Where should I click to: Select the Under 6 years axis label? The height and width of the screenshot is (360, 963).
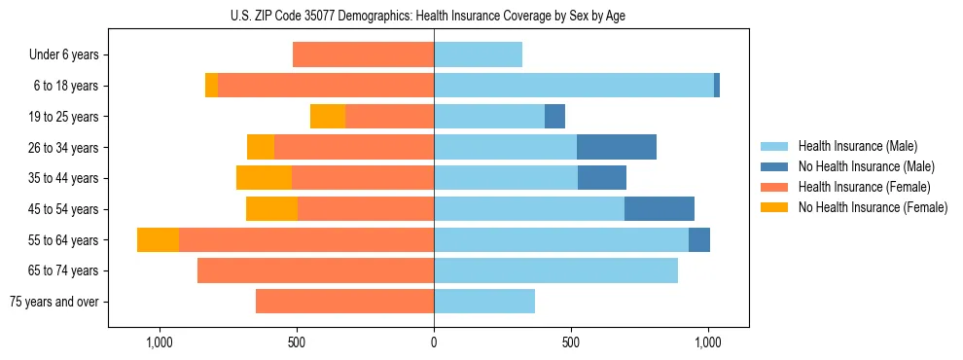pos(64,55)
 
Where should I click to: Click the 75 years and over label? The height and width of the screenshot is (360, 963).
pos(53,302)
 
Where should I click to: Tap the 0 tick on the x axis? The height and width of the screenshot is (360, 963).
pos(434,342)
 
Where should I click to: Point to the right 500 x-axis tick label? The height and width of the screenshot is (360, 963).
pos(571,342)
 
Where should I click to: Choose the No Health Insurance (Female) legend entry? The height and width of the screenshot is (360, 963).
pos(873,207)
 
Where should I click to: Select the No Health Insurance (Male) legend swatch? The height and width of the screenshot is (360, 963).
pos(775,166)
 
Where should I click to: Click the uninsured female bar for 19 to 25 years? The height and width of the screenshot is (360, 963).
pos(328,117)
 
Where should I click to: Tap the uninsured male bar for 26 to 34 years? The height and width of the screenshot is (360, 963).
pos(617,148)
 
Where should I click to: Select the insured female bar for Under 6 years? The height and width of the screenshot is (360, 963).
pos(363,55)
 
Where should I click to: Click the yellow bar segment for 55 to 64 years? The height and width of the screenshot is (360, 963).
pos(158,240)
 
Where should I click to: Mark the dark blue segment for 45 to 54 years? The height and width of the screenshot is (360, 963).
pos(660,209)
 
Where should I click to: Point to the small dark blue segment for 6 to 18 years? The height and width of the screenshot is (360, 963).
pos(717,86)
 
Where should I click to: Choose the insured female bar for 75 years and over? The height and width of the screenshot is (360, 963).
pos(344,302)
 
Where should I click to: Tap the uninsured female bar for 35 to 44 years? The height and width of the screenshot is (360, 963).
pos(264,178)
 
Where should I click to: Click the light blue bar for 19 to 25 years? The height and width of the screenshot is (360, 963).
pos(489,117)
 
